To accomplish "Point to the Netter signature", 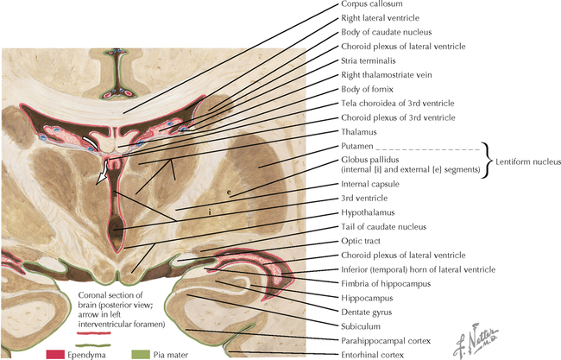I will tap(465, 341).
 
